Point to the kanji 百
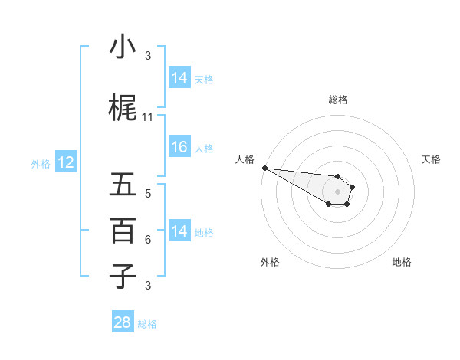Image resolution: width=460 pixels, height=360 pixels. [123, 231]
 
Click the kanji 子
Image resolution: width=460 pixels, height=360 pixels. [123, 276]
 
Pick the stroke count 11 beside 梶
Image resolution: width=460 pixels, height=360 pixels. [148, 117]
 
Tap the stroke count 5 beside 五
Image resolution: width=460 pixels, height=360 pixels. [148, 193]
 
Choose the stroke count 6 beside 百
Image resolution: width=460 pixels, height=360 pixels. [148, 239]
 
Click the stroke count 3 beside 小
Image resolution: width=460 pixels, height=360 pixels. [148, 55]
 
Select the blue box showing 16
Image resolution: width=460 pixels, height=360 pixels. [179, 148]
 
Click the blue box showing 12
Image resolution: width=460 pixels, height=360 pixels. [65, 162]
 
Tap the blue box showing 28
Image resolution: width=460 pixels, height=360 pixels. [123, 322]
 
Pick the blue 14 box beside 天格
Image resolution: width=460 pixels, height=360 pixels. [179, 77]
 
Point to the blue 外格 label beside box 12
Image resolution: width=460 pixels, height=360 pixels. [41, 163]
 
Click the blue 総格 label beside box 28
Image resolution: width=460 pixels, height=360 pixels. [147, 324]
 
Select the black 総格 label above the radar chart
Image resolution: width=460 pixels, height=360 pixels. [338, 100]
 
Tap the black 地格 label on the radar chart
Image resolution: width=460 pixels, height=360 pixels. [402, 262]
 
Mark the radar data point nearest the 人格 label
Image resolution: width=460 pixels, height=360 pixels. [264, 168]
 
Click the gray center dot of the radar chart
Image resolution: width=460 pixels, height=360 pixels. [338, 191]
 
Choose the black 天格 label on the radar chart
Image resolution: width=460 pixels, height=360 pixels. [432, 159]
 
